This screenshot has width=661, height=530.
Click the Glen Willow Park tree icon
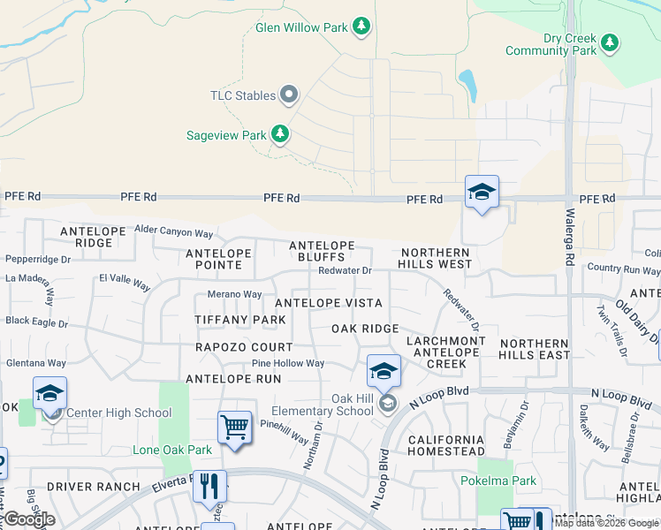click(361, 27)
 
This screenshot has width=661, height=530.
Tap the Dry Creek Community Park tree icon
click(609, 42)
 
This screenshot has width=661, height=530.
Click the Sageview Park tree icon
click(280, 135)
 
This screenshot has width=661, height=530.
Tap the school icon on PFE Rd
click(482, 192)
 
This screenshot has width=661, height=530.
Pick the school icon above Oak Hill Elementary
click(384, 371)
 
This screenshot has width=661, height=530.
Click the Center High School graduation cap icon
click(50, 392)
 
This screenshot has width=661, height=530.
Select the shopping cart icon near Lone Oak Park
click(235, 428)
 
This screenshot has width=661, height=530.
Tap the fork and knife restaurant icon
click(209, 485)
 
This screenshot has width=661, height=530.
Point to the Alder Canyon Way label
click(174, 233)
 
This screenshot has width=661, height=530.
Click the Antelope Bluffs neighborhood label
click(323, 251)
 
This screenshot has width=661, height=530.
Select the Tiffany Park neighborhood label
click(240, 319)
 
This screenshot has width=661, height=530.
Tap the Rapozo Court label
click(244, 347)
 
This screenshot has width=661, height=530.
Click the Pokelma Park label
click(498, 481)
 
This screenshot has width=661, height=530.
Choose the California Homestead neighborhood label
click(445, 446)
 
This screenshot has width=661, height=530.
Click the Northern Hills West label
click(434, 258)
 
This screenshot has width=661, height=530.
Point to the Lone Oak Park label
click(172, 450)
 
